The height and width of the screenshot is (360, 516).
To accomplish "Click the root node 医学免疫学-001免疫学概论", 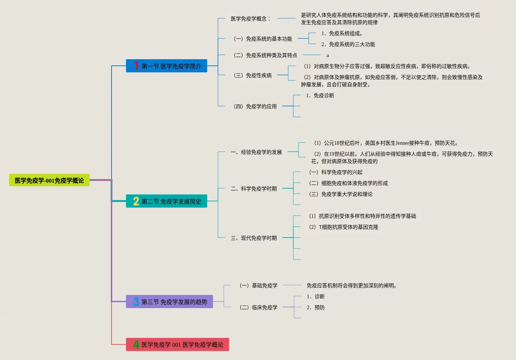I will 49,180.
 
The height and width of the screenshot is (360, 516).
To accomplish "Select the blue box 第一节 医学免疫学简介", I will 166,66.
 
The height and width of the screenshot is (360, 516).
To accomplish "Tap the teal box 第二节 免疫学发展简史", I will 166,201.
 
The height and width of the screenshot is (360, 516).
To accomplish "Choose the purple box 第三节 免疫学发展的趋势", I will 169,302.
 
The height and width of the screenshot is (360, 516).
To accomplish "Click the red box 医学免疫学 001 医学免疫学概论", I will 177,344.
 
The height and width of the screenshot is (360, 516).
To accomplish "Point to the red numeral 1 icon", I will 136,66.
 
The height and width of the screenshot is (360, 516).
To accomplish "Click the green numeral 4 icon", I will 136,344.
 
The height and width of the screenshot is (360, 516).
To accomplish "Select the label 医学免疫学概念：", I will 251,19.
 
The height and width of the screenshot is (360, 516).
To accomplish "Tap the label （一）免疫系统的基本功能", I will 263,39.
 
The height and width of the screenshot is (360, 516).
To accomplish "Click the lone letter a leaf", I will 328,56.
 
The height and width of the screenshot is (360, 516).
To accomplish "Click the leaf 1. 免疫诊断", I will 320,95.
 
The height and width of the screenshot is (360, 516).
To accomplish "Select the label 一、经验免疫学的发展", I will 256,152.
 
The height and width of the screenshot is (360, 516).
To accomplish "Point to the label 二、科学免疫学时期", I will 254,189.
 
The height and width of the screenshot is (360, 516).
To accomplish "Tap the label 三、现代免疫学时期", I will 254,238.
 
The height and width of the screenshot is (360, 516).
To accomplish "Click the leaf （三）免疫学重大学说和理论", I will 340,194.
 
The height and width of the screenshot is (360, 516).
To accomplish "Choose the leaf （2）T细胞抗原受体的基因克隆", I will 343,227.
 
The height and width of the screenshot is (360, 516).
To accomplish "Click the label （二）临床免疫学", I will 258,307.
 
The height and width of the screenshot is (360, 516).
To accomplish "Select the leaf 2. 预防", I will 316,307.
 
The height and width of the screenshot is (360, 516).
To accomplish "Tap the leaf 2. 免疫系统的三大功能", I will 348,44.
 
